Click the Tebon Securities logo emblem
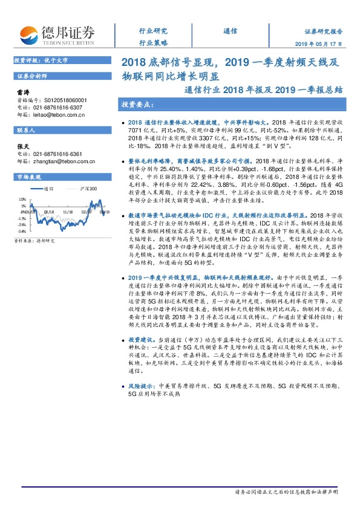(28, 36)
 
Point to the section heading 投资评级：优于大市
(41, 61)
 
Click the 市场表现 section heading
(29, 177)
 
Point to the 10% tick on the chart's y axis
(22, 198)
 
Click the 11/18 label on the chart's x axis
(67, 212)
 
